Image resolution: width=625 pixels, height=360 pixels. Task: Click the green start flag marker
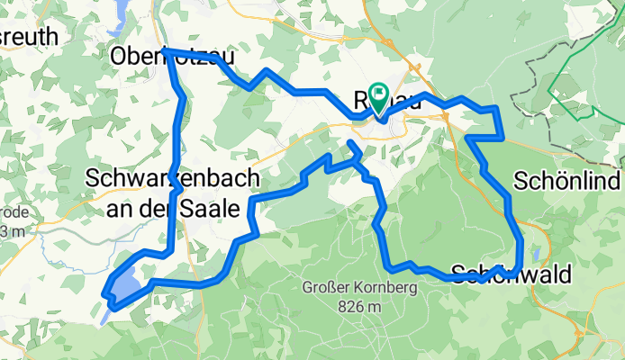click(x=378, y=94)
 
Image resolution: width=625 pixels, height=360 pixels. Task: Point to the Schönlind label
click(x=568, y=181)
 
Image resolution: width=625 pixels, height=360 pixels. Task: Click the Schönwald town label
click(x=512, y=274)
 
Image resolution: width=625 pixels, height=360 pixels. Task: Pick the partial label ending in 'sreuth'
click(x=29, y=37)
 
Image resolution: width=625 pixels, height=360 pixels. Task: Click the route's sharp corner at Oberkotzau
click(x=166, y=51)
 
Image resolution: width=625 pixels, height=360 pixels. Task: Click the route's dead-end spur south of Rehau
click(x=350, y=143)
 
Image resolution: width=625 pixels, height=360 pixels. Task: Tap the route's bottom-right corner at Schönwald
click(x=519, y=265)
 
